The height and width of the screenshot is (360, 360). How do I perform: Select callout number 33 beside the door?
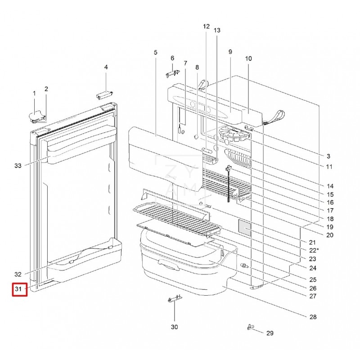point(18,166)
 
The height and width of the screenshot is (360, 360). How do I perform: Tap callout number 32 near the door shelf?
point(18,274)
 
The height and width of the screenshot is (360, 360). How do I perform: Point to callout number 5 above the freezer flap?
point(155,53)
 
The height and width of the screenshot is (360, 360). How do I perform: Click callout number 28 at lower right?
point(313,317)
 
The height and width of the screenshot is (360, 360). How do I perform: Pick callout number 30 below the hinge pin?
point(175,327)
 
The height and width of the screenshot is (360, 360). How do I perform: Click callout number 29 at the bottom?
point(270,333)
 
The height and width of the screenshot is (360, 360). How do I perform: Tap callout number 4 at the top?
point(106,67)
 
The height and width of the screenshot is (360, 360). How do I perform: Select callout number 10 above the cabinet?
point(248,58)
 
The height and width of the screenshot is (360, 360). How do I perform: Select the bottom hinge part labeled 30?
point(173,299)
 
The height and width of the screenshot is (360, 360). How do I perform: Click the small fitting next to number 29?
point(250,328)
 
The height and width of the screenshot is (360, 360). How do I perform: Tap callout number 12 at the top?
point(206,27)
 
